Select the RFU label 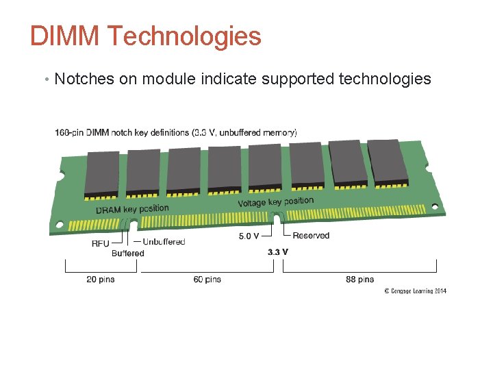tap(100, 243)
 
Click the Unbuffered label tap(164, 241)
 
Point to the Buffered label tap(128, 253)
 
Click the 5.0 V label tap(249, 236)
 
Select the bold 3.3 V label tap(277, 251)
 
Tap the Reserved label tap(311, 236)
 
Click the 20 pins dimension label tap(101, 279)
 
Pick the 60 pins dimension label tap(207, 279)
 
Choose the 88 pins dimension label tap(360, 279)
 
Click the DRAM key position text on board tap(132, 208)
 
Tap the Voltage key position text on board tap(275, 202)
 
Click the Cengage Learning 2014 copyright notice tap(415, 291)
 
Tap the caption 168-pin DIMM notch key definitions tap(176, 132)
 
